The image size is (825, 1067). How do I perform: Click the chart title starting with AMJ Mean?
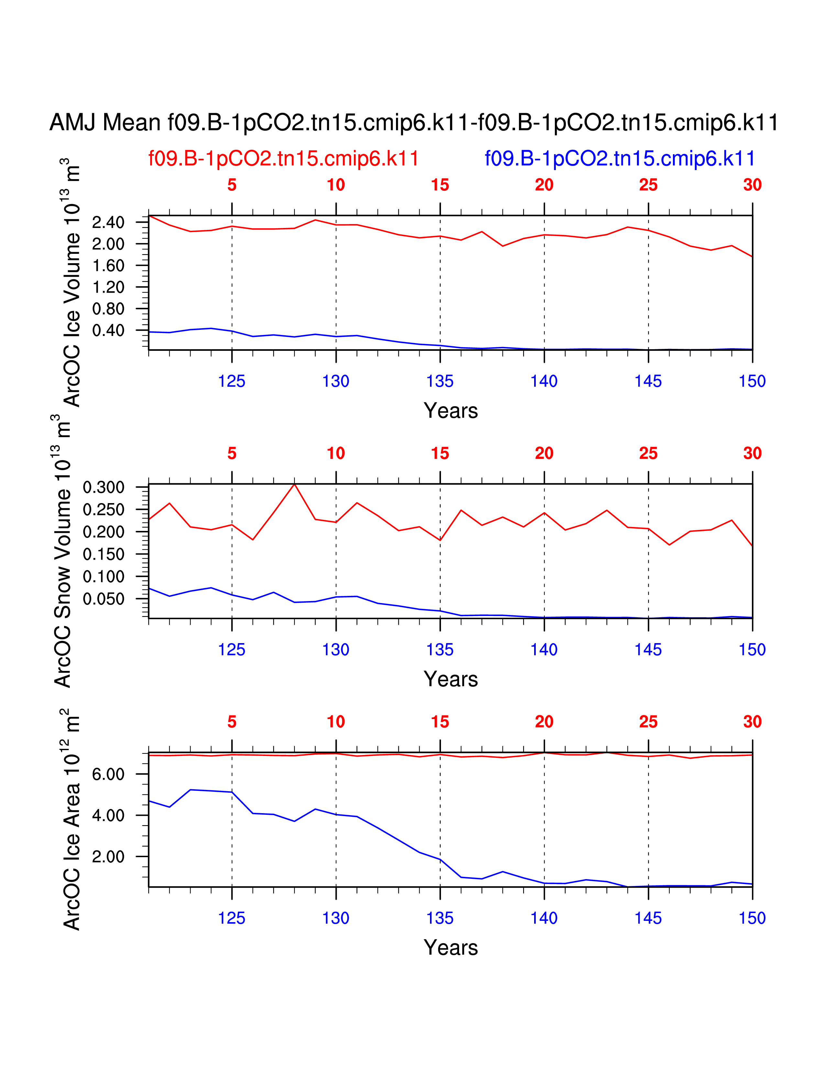click(413, 122)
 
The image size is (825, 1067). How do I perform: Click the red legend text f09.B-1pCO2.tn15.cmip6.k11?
click(283, 159)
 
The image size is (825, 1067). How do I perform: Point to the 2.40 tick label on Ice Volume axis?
click(108, 222)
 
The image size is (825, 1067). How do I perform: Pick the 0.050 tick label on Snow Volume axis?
click(104, 599)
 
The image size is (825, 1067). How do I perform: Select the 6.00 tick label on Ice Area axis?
click(108, 774)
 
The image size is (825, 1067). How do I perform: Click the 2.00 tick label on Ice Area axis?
click(108, 857)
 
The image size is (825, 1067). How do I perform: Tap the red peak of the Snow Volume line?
click(294, 484)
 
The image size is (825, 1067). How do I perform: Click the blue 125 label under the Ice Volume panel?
click(231, 382)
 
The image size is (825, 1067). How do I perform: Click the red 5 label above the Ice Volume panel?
click(232, 185)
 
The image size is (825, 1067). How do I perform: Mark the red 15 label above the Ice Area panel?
click(440, 722)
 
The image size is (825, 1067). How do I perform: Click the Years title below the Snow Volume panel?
click(451, 679)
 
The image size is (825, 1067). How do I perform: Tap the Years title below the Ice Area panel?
click(451, 948)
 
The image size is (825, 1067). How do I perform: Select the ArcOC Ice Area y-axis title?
click(71, 821)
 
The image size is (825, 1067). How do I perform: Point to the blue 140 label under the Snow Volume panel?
click(544, 650)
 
